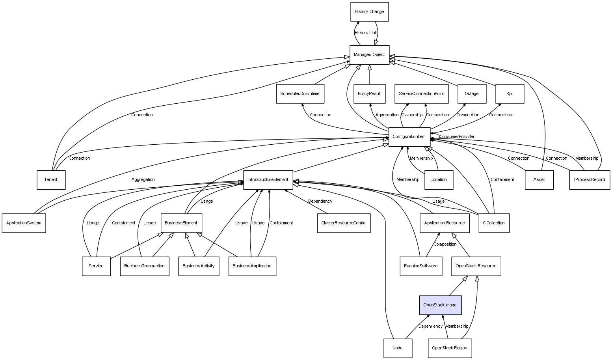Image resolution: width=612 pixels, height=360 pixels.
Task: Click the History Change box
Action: (369, 12)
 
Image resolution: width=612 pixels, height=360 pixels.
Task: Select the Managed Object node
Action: (369, 55)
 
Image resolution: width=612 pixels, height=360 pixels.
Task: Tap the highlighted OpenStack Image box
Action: (440, 305)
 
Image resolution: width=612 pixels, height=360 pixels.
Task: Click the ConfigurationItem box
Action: (409, 137)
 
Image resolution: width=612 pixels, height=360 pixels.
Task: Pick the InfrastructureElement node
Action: (268, 180)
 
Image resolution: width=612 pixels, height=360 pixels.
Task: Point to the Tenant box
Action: (51, 180)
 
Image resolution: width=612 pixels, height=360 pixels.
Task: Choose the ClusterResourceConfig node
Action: (343, 223)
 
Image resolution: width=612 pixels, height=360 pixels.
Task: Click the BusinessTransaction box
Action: (144, 266)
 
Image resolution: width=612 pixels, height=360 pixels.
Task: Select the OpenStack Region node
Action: (449, 348)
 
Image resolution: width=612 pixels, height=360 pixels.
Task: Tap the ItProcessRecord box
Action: (589, 180)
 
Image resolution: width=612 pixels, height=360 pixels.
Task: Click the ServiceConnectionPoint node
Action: (421, 94)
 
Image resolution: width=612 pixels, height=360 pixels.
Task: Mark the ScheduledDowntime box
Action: (300, 94)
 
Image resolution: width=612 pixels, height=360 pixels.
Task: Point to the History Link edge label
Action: (366, 33)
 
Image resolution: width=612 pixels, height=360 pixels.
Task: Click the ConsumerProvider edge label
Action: (457, 137)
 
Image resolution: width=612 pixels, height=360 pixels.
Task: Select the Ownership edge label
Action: (412, 115)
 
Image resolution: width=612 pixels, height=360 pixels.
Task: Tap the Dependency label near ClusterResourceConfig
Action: (320, 201)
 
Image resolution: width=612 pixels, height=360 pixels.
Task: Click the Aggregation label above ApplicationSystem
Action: (143, 180)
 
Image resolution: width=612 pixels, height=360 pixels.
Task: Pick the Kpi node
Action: (509, 94)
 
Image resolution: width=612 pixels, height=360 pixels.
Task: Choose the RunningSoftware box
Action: (420, 266)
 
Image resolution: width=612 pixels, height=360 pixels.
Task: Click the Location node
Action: (438, 180)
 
